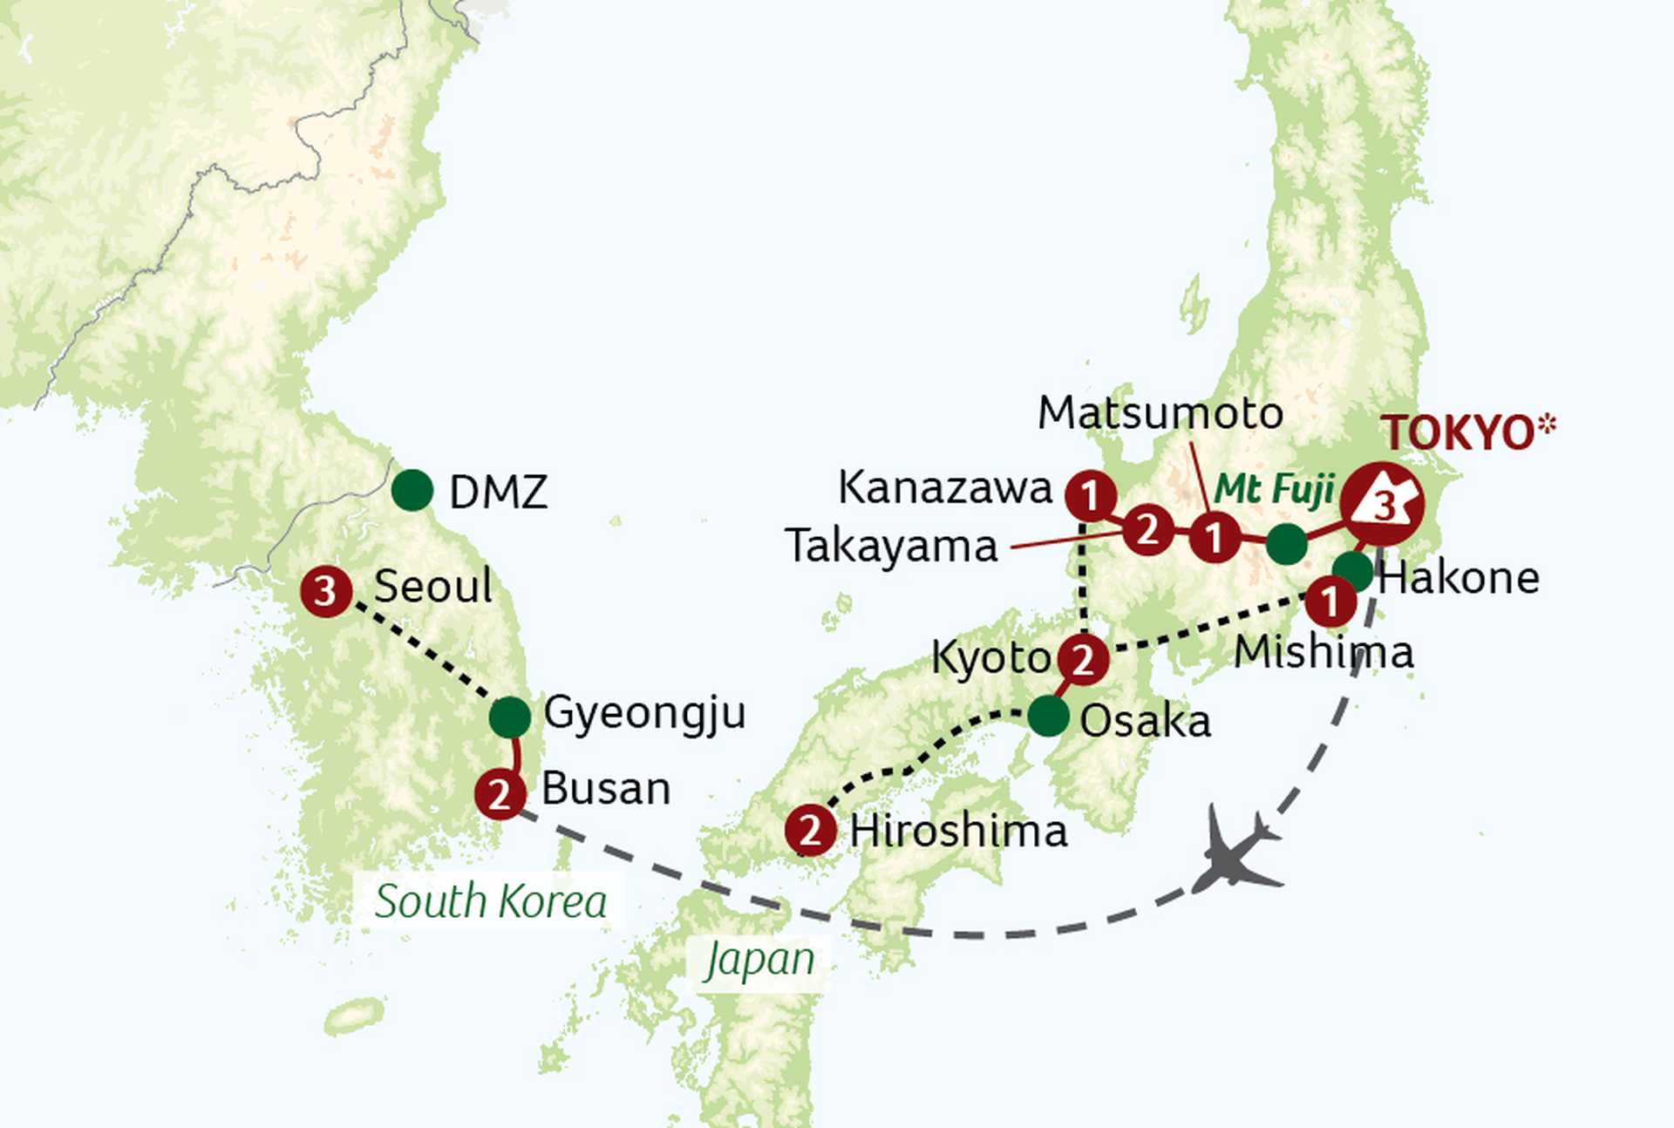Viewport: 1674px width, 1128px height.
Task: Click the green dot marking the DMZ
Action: [x=412, y=491]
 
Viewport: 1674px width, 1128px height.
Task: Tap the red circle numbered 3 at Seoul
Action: [x=325, y=592]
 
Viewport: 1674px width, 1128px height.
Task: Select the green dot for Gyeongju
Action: [x=510, y=717]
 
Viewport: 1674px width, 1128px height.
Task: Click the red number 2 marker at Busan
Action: [x=500, y=794]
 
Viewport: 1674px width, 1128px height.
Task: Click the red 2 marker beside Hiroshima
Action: [x=810, y=830]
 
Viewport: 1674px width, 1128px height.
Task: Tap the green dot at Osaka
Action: [x=1048, y=717]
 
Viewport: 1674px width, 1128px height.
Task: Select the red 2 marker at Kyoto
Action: [x=1083, y=659]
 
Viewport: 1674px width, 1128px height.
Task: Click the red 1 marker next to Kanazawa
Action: [x=1090, y=496]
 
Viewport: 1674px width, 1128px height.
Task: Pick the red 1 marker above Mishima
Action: [x=1330, y=601]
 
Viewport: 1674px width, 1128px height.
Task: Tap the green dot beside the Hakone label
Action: [x=1352, y=571]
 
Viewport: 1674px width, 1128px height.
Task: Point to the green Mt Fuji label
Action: [x=1274, y=489]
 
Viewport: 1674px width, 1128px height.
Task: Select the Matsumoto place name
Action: [x=1160, y=413]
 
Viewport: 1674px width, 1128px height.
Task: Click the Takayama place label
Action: [x=891, y=547]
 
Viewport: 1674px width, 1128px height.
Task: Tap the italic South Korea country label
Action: [x=491, y=901]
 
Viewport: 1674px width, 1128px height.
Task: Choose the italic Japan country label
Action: [x=759, y=961]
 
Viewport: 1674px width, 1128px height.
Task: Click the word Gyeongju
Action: [x=644, y=714]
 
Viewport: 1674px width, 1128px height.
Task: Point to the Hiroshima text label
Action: [x=958, y=831]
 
